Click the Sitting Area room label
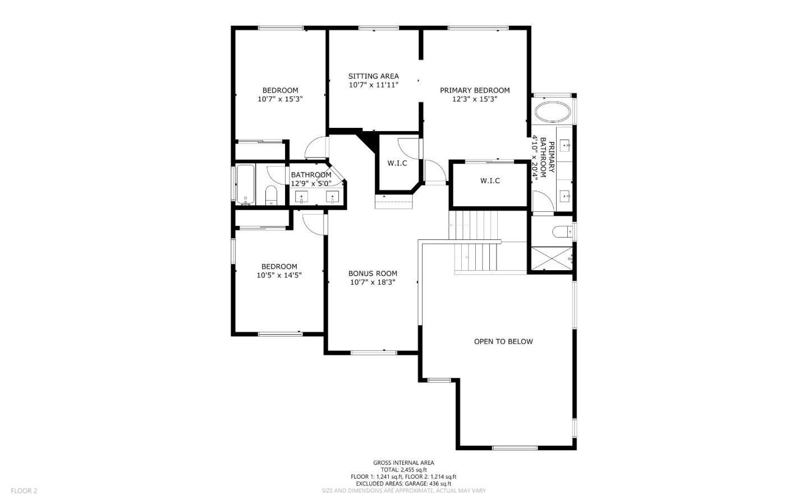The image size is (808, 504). pos(373,76)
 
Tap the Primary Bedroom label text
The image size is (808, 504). pos(475,90)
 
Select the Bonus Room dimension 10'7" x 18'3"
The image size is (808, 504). pos(373,283)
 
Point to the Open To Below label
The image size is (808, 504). pos(503,341)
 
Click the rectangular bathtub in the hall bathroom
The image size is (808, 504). pos(245,184)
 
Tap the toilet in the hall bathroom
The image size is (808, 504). pos(271,195)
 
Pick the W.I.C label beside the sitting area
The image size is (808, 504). pos(397,163)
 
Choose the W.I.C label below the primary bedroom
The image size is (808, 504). pos(490,181)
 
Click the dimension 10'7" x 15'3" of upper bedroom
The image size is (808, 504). pos(280,99)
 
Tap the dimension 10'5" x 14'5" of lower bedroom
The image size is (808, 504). pos(279,275)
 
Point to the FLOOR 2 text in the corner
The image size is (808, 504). pos(24,491)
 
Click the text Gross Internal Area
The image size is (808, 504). pos(403,463)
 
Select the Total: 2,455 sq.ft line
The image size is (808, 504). pos(403,470)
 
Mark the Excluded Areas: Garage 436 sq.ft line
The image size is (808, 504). pos(403,483)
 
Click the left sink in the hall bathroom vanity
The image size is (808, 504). pos(302,197)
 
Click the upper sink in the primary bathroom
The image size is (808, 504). pos(565,147)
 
